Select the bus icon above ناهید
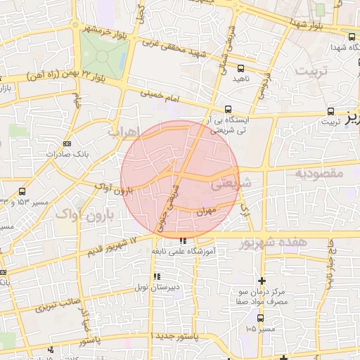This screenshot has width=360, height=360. pyautogui.click(x=241, y=68)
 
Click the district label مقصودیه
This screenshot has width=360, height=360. pyautogui.click(x=318, y=172)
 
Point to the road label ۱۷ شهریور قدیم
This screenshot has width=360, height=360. pyautogui.click(x=117, y=244)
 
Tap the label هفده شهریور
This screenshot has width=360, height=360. pyautogui.click(x=273, y=243)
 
